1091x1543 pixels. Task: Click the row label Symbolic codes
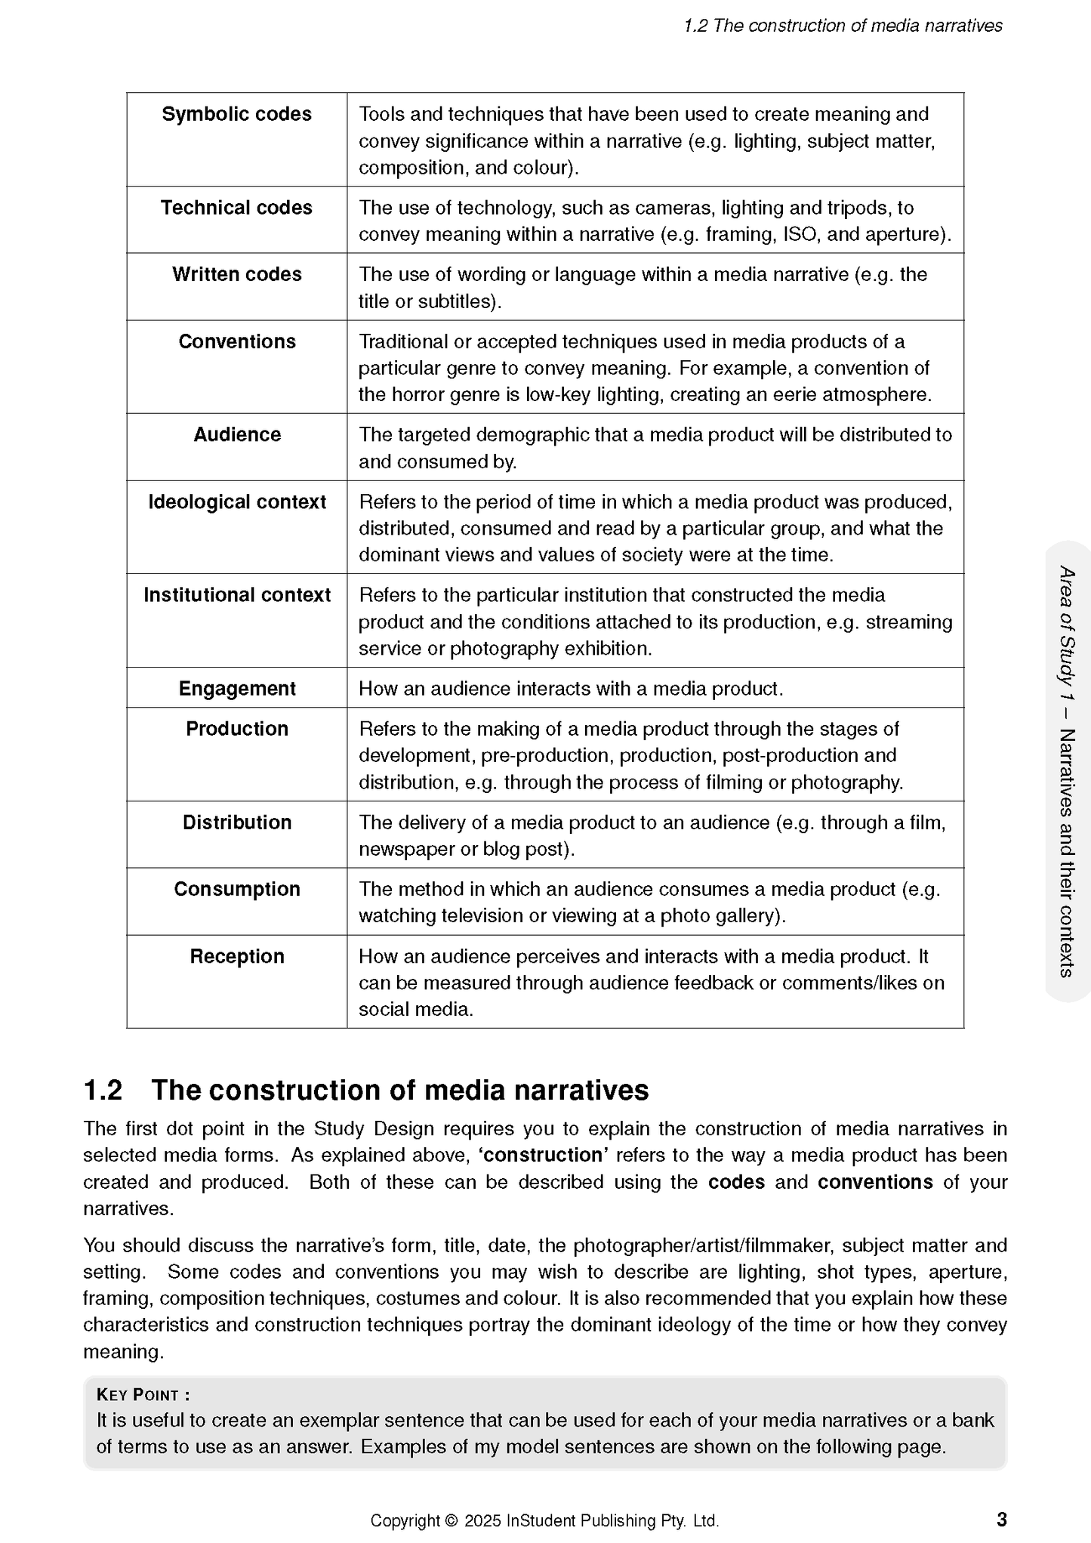coord(236,114)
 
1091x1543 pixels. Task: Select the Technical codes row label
coord(236,208)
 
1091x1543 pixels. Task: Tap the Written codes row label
coord(236,274)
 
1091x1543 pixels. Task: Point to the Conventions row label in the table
coord(236,341)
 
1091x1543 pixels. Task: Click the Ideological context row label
coord(236,502)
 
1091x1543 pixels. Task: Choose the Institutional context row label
coord(236,595)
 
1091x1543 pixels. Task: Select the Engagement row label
coord(236,689)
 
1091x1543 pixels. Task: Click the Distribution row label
coord(236,822)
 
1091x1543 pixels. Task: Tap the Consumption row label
coord(236,889)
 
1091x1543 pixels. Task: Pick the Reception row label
coord(236,956)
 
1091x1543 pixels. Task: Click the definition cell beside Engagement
coord(571,689)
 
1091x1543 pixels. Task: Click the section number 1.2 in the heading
coord(103,1091)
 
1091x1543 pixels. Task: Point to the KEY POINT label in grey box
coord(143,1395)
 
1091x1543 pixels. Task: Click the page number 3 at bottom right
coord(1001,1519)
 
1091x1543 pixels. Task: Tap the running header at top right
coord(843,26)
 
